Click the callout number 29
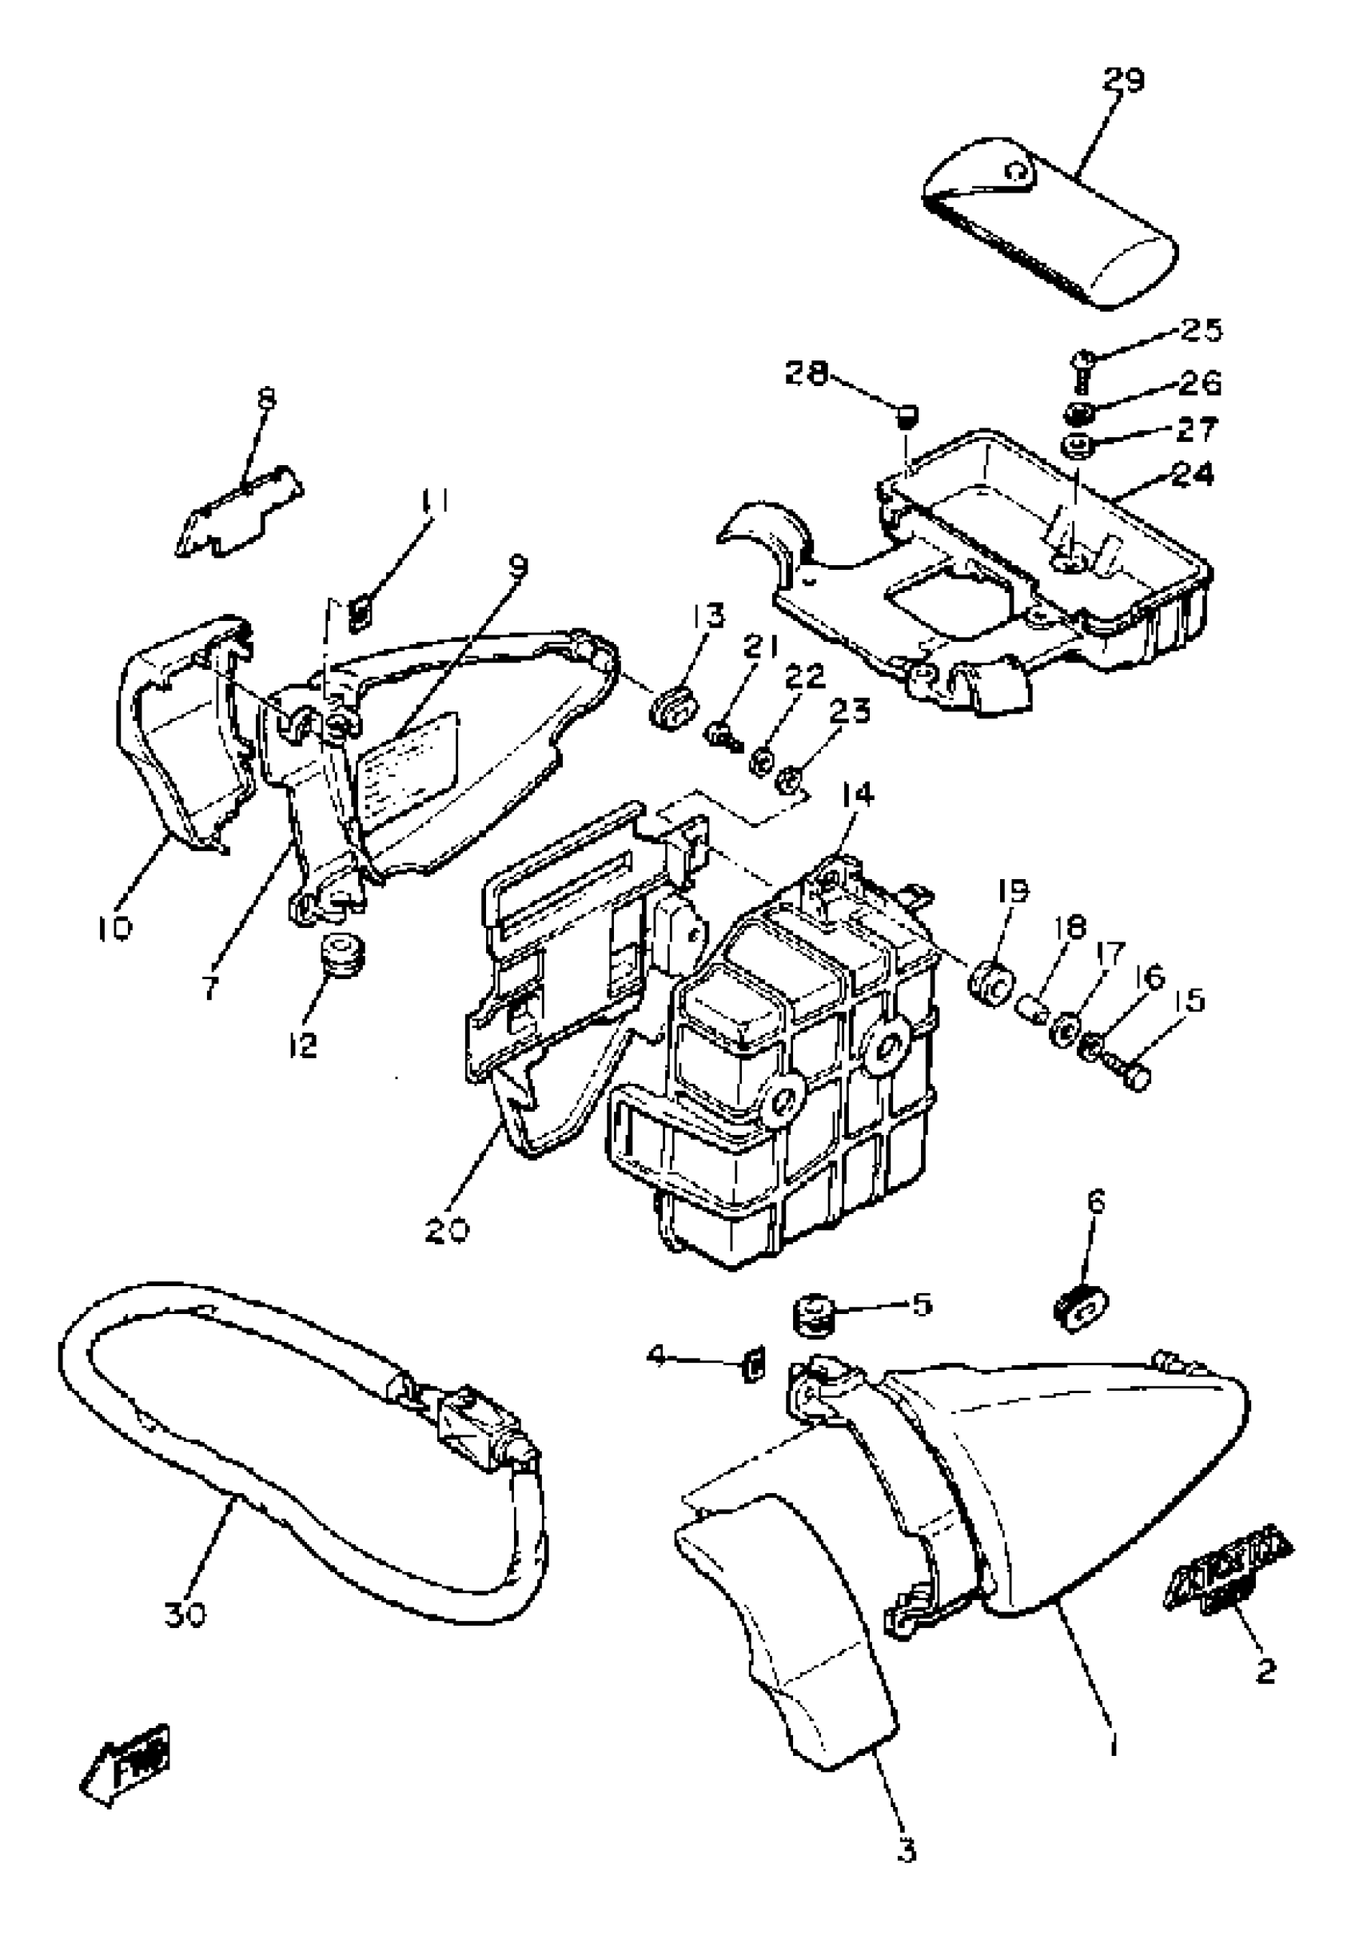click(x=1124, y=81)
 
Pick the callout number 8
click(x=266, y=397)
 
